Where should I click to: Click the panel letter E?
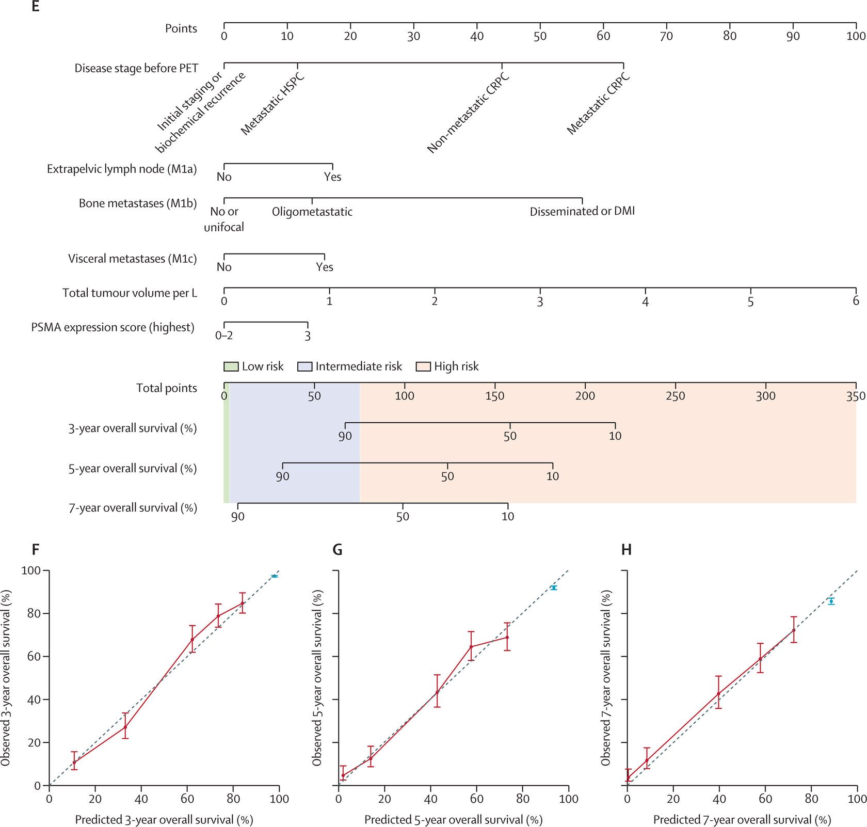[x=35, y=7]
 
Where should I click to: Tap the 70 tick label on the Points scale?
[x=666, y=36]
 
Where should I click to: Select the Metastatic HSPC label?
[x=272, y=104]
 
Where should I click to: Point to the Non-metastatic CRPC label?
[x=468, y=114]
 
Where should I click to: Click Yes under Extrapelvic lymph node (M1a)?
[x=333, y=177]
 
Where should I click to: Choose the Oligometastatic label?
[x=312, y=212]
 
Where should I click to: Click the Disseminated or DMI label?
[x=582, y=212]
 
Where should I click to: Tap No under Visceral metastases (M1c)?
[x=224, y=267]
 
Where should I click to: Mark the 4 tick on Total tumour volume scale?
[x=645, y=301]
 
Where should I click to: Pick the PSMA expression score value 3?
[x=308, y=336]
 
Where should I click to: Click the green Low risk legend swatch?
[x=230, y=367]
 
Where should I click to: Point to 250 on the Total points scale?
[x=675, y=396]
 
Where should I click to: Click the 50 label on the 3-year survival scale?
[x=510, y=436]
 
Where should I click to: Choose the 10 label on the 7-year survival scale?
[x=508, y=516]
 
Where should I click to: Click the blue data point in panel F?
[x=275, y=576]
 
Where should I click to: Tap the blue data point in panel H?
[x=831, y=601]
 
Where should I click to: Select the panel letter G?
[x=338, y=550]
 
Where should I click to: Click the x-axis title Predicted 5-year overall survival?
[x=453, y=820]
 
